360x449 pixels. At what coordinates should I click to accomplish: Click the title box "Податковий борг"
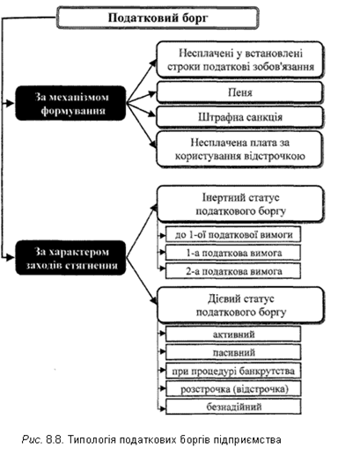point(158,18)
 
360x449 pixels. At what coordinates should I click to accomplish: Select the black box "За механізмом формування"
point(70,103)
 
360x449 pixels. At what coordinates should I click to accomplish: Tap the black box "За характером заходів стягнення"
point(70,258)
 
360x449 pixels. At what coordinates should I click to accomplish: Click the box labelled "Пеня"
point(239,92)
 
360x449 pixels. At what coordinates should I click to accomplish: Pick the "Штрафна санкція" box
point(239,117)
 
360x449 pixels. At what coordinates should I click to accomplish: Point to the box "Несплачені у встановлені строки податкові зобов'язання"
point(239,60)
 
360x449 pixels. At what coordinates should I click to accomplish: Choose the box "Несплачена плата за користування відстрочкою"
point(239,149)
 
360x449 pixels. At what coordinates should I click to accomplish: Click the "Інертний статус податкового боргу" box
point(240,204)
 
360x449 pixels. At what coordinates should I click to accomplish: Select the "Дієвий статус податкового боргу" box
point(240,305)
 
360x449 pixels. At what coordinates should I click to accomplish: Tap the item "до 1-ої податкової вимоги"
point(233,234)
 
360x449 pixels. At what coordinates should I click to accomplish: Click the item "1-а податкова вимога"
point(233,253)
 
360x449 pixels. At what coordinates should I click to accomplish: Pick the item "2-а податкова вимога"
point(233,271)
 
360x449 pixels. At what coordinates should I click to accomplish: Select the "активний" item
point(233,334)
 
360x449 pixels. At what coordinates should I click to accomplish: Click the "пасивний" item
point(233,352)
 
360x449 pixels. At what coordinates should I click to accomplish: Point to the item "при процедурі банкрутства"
point(233,371)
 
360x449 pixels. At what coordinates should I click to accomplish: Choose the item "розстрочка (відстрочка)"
point(233,389)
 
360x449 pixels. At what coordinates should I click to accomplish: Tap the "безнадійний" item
point(233,407)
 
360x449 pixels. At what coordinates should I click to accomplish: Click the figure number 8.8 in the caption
point(53,439)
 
